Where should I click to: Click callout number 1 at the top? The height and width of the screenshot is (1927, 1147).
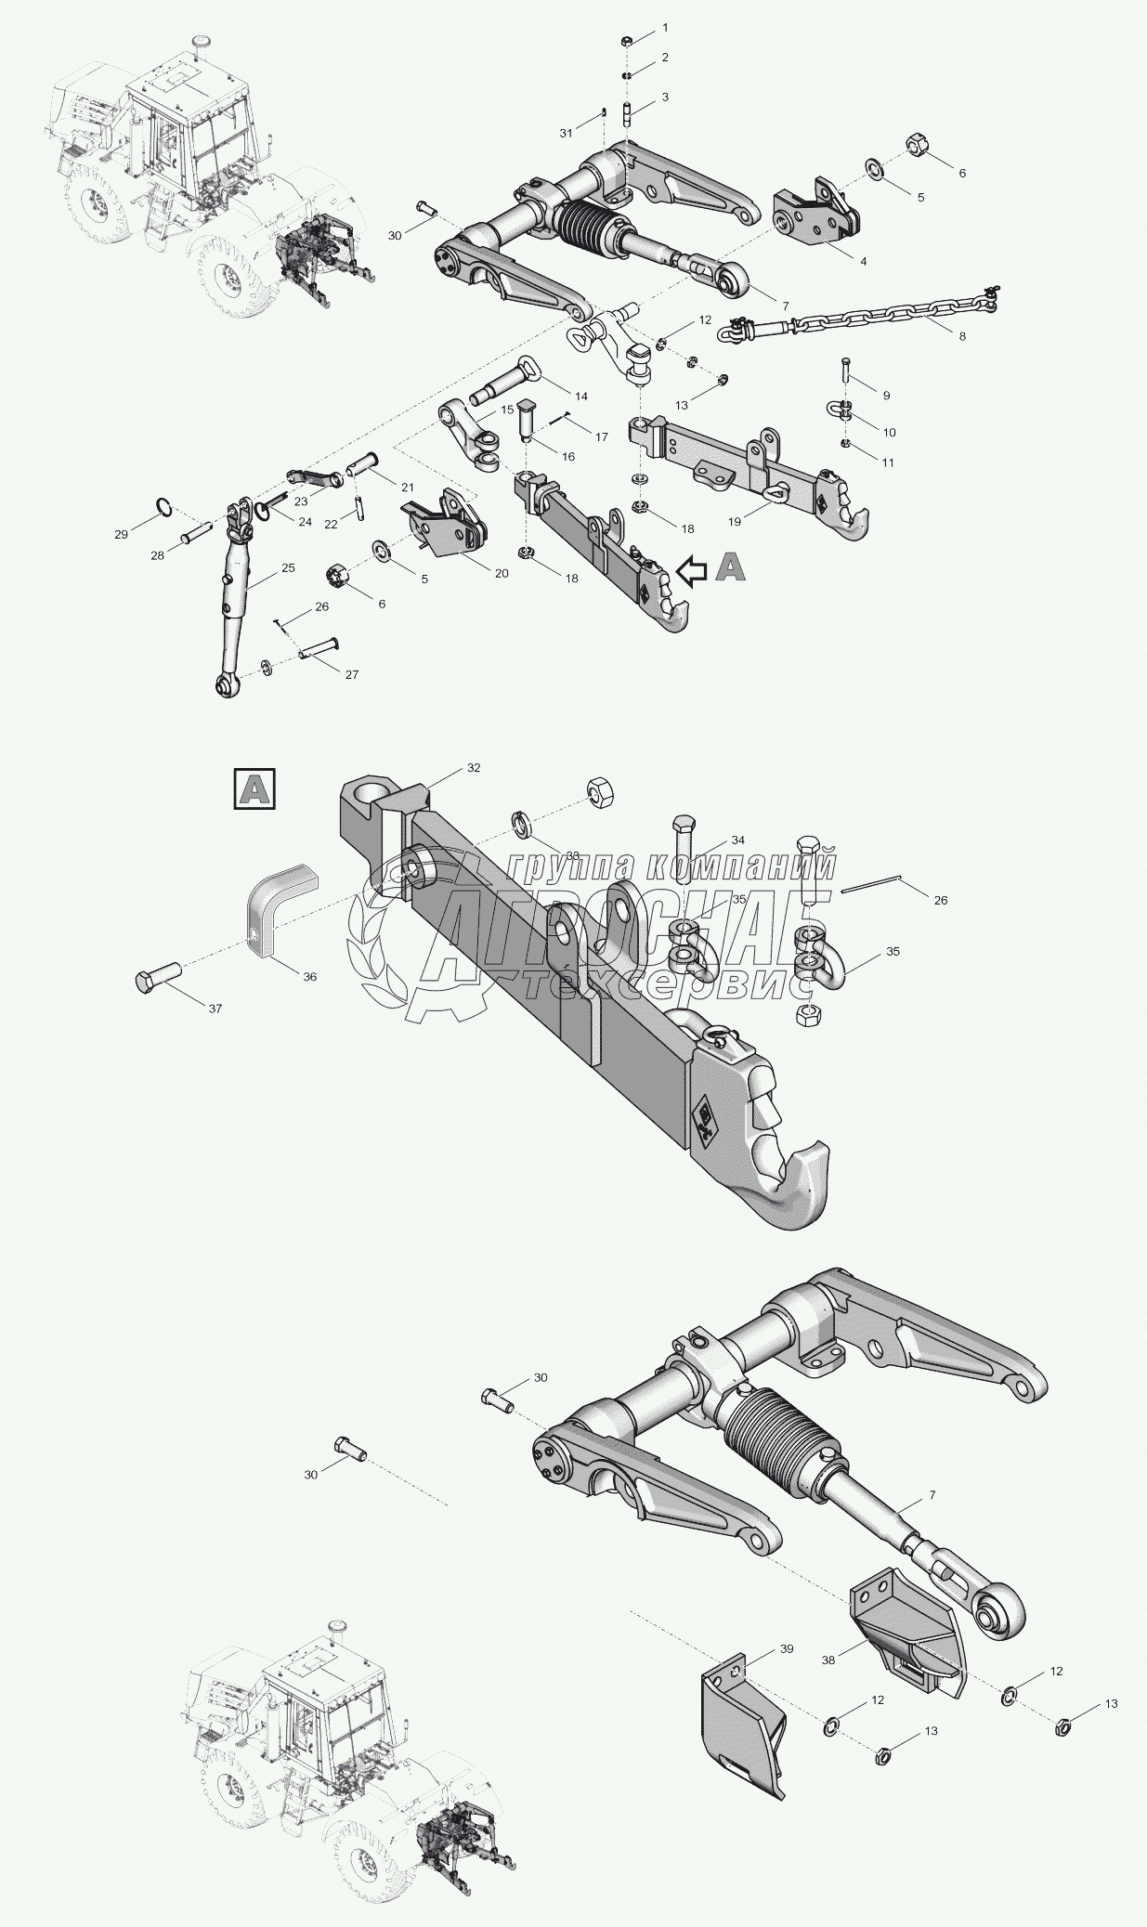coord(665,28)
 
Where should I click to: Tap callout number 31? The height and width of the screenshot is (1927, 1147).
coord(567,134)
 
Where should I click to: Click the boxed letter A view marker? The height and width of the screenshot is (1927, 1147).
coord(254,788)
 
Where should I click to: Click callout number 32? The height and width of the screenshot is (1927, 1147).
coord(474,767)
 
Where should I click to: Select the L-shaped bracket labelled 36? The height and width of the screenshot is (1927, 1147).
coord(278,905)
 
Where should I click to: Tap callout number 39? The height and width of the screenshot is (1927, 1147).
coord(787,1648)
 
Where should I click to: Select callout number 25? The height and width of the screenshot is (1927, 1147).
coord(288,566)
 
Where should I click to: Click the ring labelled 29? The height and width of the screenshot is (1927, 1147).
coord(163,506)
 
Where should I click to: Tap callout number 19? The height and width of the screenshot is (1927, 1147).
coord(735,522)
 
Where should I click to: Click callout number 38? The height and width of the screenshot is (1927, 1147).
coord(828,1660)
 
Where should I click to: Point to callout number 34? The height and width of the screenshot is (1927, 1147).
coord(738,840)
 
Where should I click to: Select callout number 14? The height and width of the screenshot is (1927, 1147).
coord(581,396)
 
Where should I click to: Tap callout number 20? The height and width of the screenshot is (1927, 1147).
coord(502,573)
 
